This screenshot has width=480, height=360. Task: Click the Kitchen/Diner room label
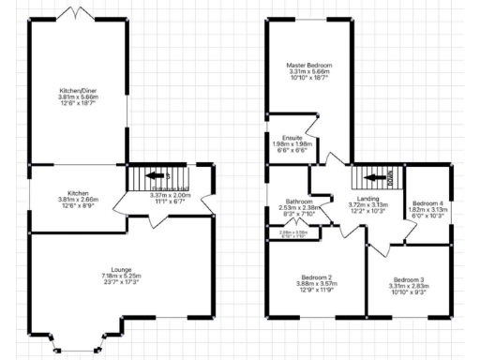78,90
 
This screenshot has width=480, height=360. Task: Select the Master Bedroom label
309,65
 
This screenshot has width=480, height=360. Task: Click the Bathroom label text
299,200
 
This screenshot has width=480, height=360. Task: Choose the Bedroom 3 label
409,280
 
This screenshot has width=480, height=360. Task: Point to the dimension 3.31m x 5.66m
309,71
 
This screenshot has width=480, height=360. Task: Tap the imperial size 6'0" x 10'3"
427,217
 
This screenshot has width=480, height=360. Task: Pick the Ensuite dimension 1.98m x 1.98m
291,144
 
